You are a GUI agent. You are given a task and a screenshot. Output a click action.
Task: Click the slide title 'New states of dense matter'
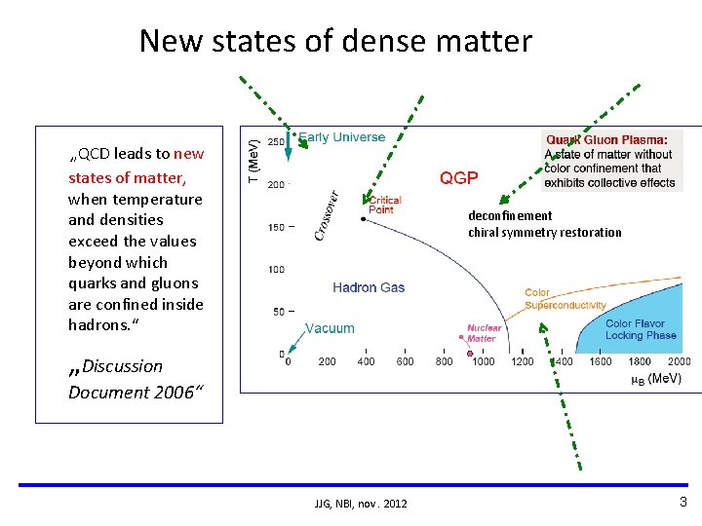[335, 41]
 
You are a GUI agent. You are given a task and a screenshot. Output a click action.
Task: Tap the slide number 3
[682, 502]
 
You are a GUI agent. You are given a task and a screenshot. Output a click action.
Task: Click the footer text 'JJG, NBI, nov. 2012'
[361, 503]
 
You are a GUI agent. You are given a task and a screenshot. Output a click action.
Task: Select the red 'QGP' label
[458, 177]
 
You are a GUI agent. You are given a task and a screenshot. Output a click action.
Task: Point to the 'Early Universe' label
[341, 137]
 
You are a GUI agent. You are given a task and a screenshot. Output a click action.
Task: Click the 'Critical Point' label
[384, 205]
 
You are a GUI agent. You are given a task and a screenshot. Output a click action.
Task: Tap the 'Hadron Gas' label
[368, 287]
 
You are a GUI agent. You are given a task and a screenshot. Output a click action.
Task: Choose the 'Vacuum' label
[330, 328]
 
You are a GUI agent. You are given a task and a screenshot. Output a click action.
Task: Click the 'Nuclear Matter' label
[484, 333]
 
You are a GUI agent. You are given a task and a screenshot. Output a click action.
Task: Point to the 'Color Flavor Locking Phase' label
[641, 329]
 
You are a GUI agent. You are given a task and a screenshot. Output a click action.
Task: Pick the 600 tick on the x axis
[405, 361]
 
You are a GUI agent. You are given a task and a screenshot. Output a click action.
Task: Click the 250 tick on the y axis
[276, 142]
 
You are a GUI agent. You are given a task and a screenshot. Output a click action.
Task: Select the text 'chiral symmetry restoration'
[544, 232]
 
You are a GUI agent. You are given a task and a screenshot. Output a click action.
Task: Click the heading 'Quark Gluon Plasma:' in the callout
[606, 140]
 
